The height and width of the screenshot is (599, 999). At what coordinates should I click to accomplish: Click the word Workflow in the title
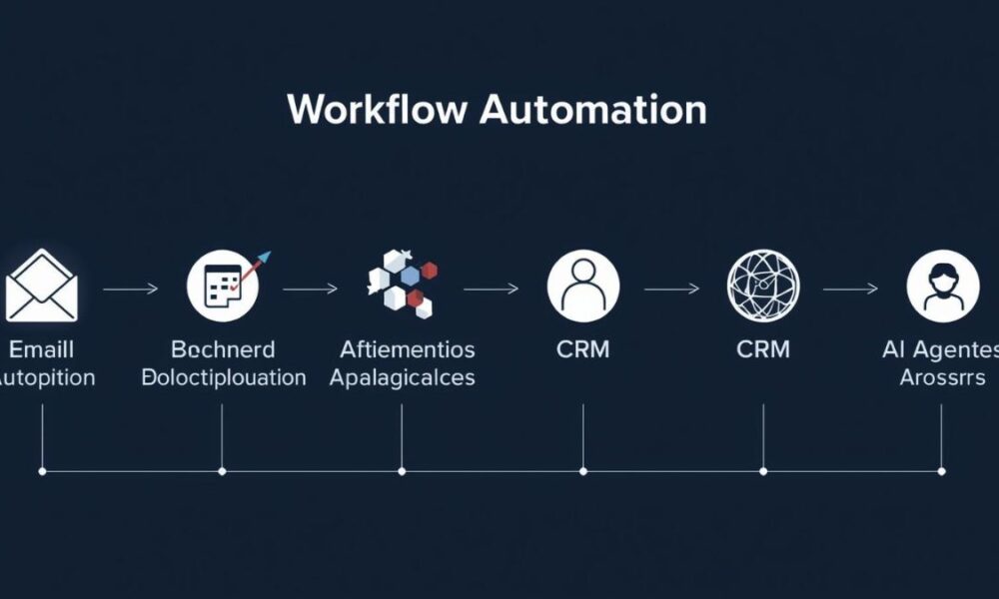point(378,109)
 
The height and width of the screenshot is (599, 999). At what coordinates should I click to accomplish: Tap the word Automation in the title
point(592,109)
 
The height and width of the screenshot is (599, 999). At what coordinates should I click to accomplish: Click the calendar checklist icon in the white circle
point(223,286)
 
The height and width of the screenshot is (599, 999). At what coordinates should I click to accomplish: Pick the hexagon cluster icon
point(403,284)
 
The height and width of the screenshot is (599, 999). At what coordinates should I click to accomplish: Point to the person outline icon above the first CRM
point(582,286)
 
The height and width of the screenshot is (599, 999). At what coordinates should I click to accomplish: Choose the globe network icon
point(763,286)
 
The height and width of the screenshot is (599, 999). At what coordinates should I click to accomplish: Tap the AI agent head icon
point(942,286)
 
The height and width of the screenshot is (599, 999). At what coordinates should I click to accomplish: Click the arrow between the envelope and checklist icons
point(130,290)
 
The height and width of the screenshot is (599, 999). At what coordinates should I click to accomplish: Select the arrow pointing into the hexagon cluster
point(311,290)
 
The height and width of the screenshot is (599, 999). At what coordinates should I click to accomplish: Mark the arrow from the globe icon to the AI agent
point(850,290)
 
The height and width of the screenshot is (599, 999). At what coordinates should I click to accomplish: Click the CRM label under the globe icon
point(762,349)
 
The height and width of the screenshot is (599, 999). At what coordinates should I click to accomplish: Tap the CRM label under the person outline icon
point(582,349)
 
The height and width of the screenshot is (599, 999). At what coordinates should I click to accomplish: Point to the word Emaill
point(41,349)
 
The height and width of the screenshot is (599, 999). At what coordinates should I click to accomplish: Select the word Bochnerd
point(223,349)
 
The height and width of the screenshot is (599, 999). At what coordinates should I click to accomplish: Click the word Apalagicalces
point(402,378)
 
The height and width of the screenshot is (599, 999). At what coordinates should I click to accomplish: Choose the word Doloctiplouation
point(223,378)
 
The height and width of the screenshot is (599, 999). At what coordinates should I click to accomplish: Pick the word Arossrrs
point(942,378)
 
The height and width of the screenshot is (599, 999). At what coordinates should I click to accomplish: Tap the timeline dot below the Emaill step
point(42,470)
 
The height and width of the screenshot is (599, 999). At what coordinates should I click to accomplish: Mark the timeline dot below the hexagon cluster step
point(402,470)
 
